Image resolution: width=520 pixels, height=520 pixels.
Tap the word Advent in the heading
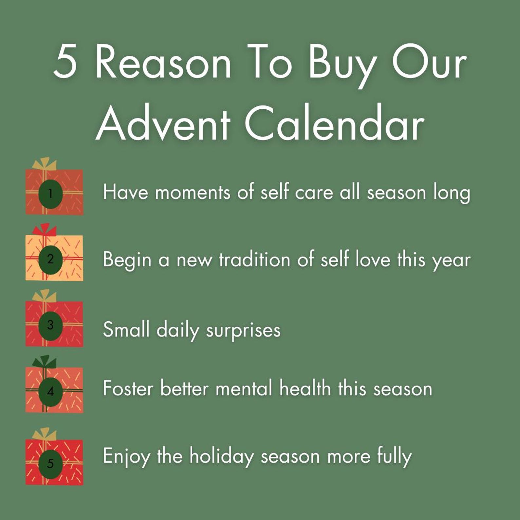163,124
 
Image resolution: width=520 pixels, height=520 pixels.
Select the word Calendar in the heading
334,124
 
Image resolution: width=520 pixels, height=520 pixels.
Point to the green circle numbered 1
50,194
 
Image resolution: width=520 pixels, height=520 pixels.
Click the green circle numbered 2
50,259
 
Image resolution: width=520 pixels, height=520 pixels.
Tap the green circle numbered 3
50,325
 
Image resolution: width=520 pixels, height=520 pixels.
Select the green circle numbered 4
50,391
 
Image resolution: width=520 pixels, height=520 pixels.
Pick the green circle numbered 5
50,463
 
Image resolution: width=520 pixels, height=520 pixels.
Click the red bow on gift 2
45,230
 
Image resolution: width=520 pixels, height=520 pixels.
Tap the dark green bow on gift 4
45,362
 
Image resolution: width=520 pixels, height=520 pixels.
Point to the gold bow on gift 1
45,164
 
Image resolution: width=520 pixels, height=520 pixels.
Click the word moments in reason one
193,193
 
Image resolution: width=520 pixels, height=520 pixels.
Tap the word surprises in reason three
243,330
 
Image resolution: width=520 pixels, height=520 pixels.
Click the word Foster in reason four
128,389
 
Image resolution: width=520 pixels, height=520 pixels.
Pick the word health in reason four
305,389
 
